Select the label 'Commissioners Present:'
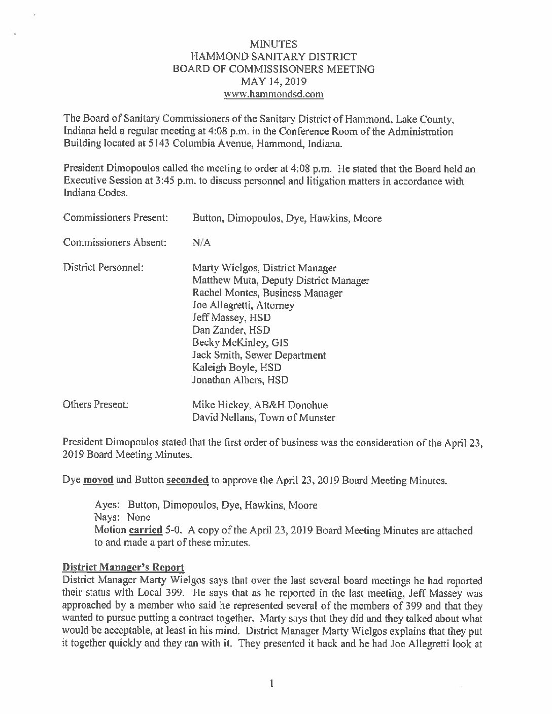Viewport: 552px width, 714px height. coord(116,218)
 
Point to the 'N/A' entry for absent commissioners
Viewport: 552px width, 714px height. coord(201,243)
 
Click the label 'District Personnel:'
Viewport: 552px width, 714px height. coord(103,267)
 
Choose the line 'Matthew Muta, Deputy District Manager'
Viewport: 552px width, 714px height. coord(281,280)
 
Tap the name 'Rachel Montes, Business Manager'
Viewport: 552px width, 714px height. coord(267,293)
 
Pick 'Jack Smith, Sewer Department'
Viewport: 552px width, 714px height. coord(259,355)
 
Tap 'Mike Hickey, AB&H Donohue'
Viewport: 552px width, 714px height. coord(260,405)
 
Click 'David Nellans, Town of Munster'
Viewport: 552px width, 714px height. coord(263,417)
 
